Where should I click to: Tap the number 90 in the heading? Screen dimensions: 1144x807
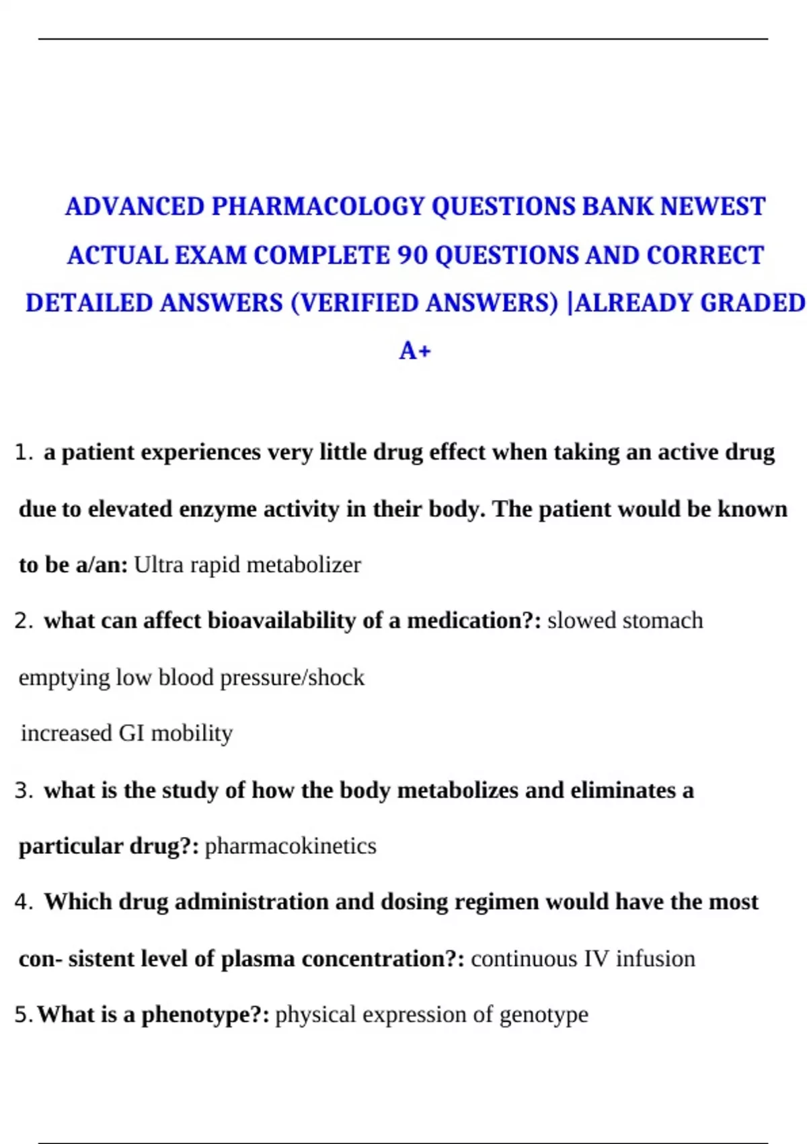click(412, 256)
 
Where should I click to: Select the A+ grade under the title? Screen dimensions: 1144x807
click(415, 351)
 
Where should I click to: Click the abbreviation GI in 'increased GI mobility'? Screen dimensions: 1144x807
click(131, 734)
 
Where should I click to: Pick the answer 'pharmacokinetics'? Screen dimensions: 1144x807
click(290, 846)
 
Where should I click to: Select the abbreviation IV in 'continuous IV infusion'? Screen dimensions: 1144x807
click(595, 959)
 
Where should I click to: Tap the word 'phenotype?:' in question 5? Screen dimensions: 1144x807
click(205, 1015)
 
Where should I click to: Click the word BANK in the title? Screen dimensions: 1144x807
click(617, 207)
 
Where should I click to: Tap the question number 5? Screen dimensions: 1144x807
click(22, 1015)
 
